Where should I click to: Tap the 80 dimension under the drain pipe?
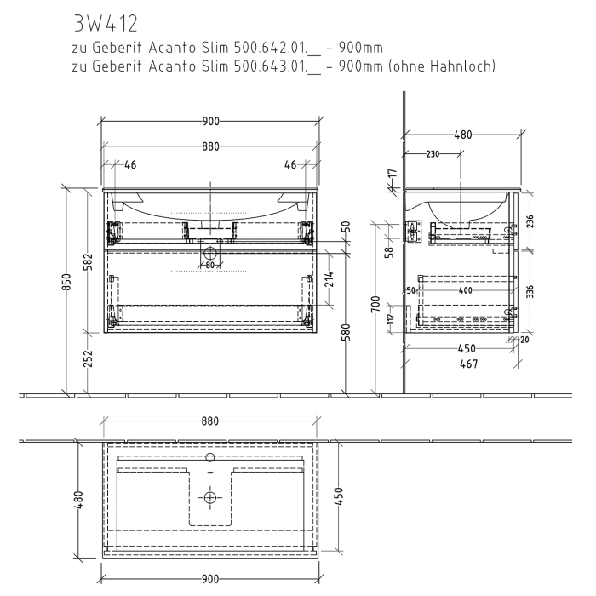click(x=209, y=264)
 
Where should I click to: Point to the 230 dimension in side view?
click(x=434, y=154)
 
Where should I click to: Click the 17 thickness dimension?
click(x=392, y=175)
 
